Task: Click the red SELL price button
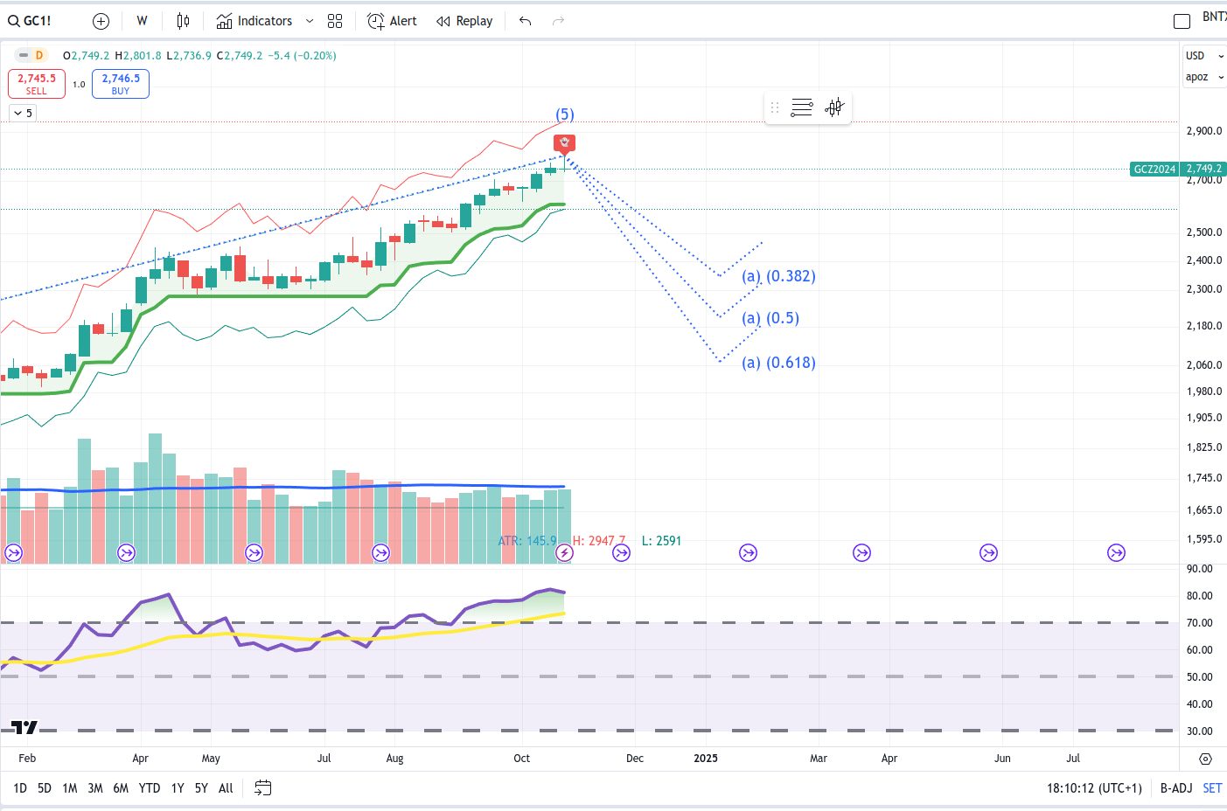37,84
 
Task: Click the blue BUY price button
121,84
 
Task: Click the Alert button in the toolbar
393,21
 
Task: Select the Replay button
464,21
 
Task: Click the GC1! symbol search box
31,21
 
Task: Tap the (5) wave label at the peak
565,114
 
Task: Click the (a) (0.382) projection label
778,276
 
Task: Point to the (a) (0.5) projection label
770,318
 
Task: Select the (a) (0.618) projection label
778,363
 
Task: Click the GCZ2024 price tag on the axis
1154,169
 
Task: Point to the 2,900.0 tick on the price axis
1203,131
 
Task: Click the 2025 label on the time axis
706,758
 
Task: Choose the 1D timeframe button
20,788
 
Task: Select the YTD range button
150,788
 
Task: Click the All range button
226,788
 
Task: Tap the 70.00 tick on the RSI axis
1199,623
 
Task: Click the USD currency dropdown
1204,56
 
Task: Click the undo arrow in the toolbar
525,21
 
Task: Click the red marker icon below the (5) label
565,142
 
